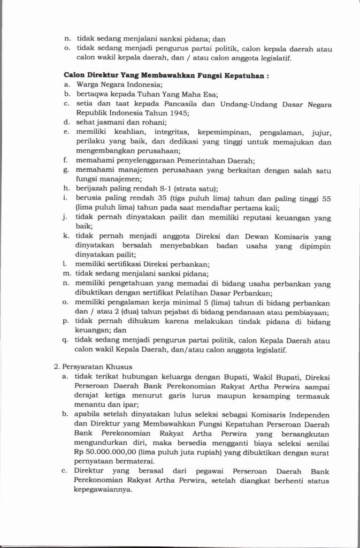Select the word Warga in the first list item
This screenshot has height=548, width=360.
(x=88, y=85)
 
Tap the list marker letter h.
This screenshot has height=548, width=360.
(x=65, y=188)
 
